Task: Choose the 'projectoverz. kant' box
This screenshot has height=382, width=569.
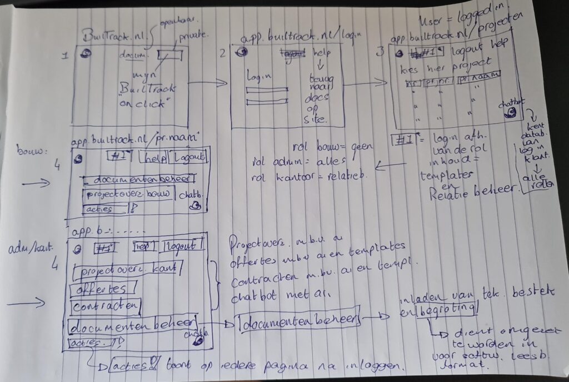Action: tap(128, 270)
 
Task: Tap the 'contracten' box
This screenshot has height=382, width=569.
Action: tap(106, 306)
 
